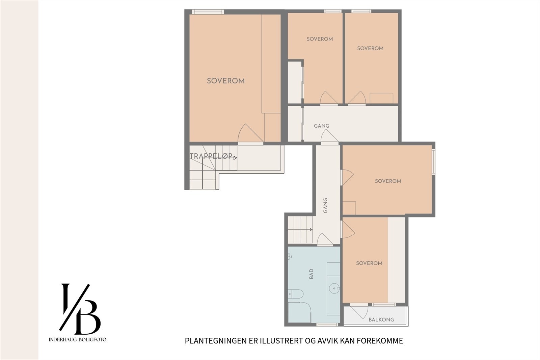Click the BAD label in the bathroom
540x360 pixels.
311,274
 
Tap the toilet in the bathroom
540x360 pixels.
296,294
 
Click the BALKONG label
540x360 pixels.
381,320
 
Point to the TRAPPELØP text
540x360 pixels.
211,156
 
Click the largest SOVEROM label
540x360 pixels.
226,81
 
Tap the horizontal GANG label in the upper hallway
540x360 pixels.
321,126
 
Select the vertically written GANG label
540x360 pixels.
325,206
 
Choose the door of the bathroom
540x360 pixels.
324,239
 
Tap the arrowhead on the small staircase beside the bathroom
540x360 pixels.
311,229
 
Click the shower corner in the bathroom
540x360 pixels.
299,312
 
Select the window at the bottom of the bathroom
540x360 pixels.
327,325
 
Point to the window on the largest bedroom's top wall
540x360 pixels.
208,12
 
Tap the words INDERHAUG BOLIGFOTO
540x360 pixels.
77,339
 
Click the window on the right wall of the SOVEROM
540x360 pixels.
433,161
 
